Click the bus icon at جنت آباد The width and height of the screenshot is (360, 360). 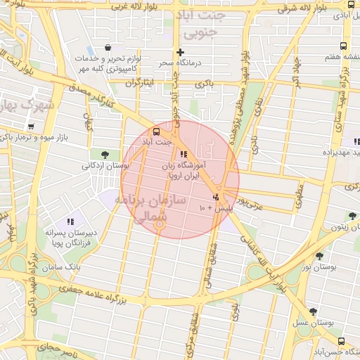coord(156,131)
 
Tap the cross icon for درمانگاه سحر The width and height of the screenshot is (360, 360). coord(181,52)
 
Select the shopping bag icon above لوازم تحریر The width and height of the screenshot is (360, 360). coord(107,48)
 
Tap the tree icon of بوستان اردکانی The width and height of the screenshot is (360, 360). coord(105,155)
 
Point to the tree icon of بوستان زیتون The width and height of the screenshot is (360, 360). coord(352,216)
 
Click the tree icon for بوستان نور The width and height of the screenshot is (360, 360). coord(320,257)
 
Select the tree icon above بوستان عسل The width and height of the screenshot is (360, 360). coord(313,311)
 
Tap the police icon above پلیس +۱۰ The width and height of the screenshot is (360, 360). coord(216,197)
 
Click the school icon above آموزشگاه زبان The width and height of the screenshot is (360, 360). coord(184,154)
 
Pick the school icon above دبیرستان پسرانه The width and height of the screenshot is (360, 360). coord(70,221)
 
